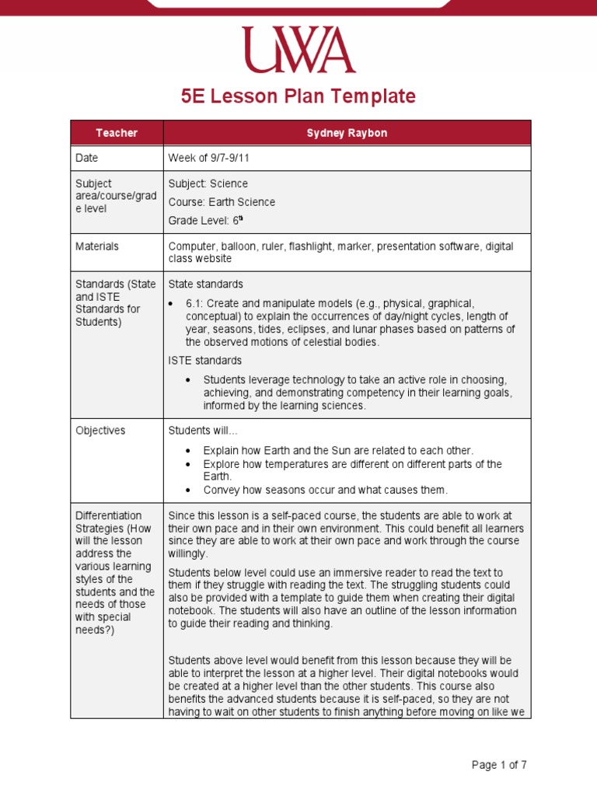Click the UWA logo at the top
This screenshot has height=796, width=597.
(298, 51)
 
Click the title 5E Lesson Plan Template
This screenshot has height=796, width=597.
(298, 96)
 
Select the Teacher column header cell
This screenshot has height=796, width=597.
(117, 133)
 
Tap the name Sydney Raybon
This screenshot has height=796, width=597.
(347, 133)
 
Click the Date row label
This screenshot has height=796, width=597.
(87, 158)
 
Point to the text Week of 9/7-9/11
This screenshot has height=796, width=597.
(208, 158)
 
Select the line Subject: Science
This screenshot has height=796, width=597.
(208, 183)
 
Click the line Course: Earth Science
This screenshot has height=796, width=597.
(222, 202)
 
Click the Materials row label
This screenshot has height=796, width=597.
(97, 246)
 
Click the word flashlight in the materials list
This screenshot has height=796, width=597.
(312, 246)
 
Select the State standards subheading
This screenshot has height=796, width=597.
(205, 284)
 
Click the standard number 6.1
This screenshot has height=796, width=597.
(194, 303)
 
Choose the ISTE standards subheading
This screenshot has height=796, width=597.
(205, 361)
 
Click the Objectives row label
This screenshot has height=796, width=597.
(100, 430)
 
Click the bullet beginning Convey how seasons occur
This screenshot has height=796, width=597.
(325, 490)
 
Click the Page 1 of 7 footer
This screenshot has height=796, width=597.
(499, 765)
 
